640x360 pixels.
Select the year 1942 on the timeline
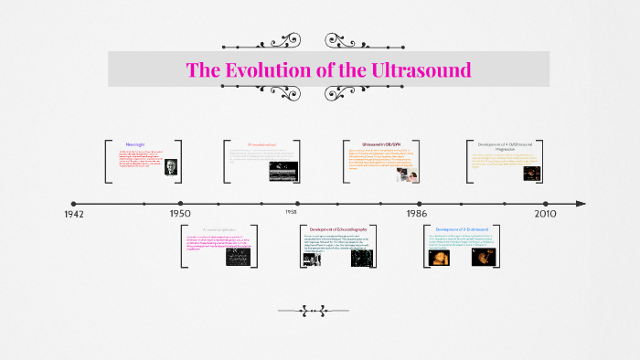75,214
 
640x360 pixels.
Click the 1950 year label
180,214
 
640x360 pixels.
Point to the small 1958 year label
290,211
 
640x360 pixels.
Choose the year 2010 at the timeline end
546,214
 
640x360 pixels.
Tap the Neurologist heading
136,144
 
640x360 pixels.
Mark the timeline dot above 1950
180,204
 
